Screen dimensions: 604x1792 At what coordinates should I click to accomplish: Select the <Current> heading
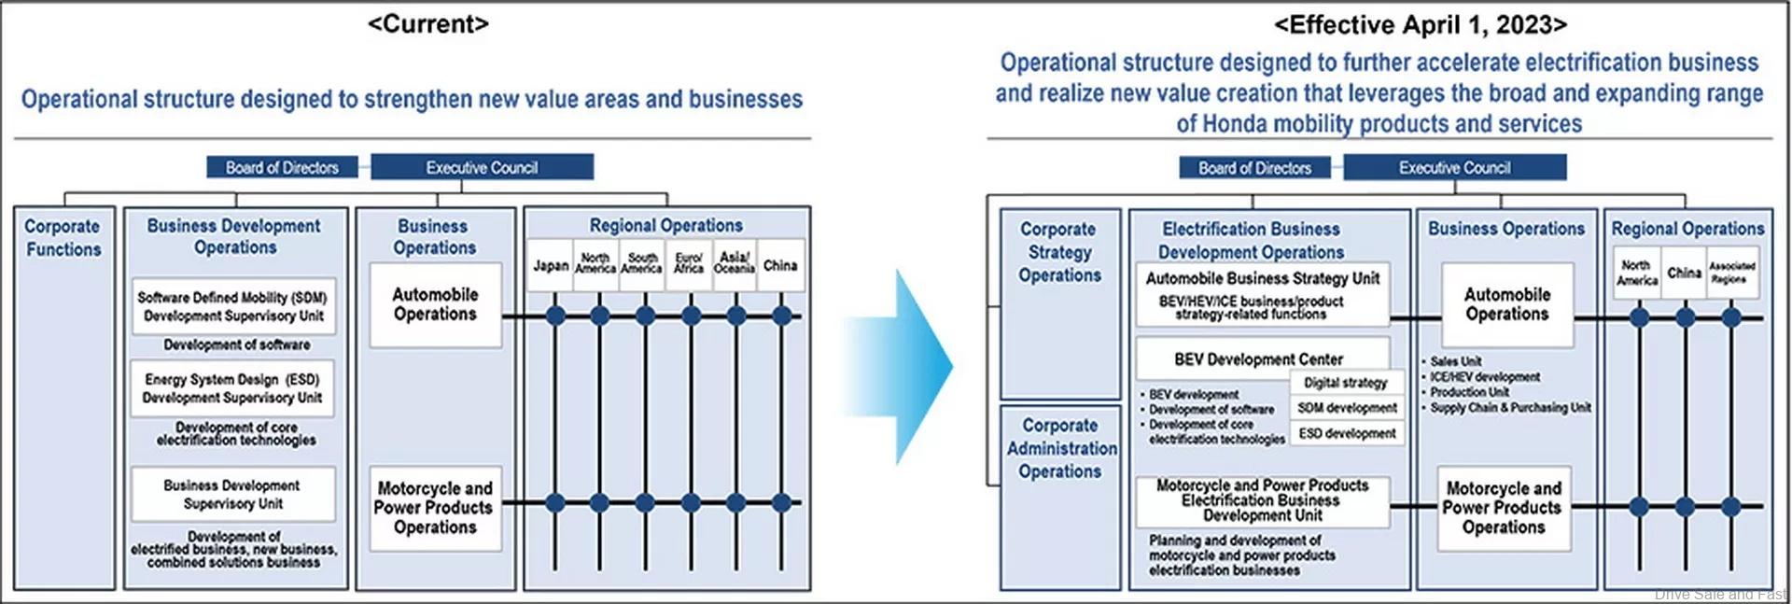428,24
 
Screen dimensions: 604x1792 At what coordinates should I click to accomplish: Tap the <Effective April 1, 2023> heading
1421,24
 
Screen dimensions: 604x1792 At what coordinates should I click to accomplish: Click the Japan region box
550,265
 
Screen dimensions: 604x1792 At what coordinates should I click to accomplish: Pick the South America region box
642,263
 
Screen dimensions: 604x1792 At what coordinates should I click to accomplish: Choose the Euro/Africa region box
689,263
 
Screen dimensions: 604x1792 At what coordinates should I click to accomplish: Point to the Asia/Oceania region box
735,263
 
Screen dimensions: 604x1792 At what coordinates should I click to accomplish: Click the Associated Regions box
1732,273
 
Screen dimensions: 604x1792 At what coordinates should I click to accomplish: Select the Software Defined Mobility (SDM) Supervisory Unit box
233,306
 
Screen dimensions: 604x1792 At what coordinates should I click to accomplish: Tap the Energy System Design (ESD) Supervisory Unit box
232,388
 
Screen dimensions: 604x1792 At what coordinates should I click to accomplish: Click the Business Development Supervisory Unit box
232,494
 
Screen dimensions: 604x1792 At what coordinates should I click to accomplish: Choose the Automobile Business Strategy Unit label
1262,278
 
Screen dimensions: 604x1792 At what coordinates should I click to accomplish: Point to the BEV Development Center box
1258,358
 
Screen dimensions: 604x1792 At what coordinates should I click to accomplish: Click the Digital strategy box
1345,383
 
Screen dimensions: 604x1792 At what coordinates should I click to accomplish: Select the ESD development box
1347,433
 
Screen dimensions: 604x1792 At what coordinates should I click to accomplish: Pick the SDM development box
1347,408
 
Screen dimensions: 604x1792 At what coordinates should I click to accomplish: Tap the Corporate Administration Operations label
1060,448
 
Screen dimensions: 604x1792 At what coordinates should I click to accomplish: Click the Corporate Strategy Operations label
1059,252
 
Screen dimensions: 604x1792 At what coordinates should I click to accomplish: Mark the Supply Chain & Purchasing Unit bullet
1509,408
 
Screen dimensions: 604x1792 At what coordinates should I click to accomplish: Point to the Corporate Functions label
63,238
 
